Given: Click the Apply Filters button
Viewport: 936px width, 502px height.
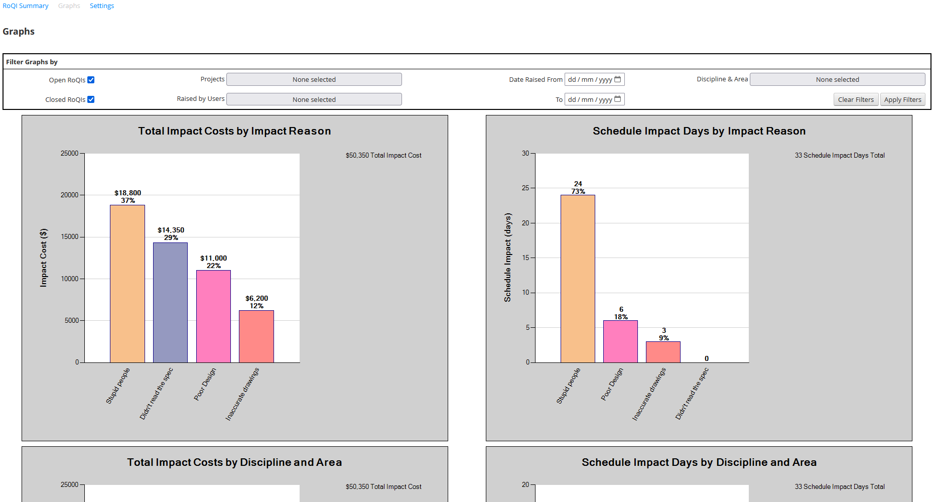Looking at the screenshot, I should click(902, 99).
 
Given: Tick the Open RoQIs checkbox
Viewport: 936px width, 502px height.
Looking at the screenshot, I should click(91, 80).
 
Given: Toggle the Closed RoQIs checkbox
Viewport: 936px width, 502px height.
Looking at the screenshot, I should click(91, 99).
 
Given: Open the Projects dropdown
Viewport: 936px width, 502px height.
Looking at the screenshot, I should click(314, 79).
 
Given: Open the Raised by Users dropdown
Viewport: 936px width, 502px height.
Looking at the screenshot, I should click(314, 99).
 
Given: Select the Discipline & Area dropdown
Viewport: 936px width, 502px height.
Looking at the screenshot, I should click(837, 79).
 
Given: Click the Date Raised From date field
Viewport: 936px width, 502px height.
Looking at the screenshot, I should click(590, 79).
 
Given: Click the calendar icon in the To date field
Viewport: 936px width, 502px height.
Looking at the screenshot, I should click(618, 99).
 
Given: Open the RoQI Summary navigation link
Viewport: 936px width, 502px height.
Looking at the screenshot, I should click(26, 6).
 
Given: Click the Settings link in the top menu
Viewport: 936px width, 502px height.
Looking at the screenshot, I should click(102, 6).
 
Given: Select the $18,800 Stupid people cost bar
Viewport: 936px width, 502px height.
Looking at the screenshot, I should click(127, 284).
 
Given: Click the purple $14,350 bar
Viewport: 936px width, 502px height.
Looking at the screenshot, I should click(170, 302).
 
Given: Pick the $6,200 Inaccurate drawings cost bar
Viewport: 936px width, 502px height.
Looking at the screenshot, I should click(256, 336).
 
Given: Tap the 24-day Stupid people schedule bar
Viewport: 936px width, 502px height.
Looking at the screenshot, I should click(578, 279).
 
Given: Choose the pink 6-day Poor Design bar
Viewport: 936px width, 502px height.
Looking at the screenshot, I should click(620, 341).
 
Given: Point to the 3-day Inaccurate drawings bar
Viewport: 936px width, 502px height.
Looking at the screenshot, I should click(663, 352).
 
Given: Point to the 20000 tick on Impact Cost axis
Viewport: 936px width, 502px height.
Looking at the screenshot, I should click(70, 195).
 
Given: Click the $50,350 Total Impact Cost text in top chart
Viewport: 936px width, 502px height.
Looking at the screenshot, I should click(383, 156).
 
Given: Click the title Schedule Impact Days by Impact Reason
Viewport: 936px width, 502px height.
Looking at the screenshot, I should click(699, 131).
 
